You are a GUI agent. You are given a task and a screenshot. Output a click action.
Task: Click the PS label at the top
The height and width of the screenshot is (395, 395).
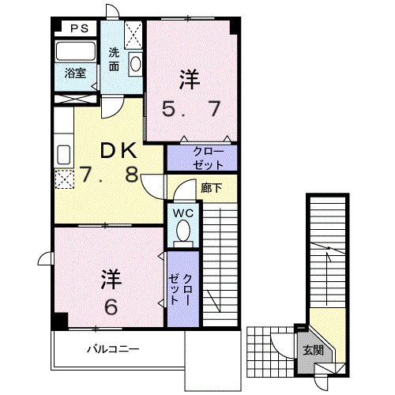77,28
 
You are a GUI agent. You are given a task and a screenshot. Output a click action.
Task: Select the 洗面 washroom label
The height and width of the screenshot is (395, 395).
115,60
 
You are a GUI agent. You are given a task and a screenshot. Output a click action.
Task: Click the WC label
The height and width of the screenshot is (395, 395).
181,213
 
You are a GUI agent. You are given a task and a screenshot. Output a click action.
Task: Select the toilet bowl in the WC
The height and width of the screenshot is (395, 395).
183,230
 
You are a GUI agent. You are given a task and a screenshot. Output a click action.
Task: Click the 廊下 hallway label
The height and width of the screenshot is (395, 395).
210,187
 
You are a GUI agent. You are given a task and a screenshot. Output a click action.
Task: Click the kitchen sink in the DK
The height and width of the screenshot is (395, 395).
63,152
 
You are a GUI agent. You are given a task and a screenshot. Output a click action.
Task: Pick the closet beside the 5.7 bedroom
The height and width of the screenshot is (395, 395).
201,157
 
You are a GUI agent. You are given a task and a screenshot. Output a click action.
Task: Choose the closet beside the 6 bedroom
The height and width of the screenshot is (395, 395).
179,287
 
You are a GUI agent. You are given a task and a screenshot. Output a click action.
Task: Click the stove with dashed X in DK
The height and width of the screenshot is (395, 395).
63,177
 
